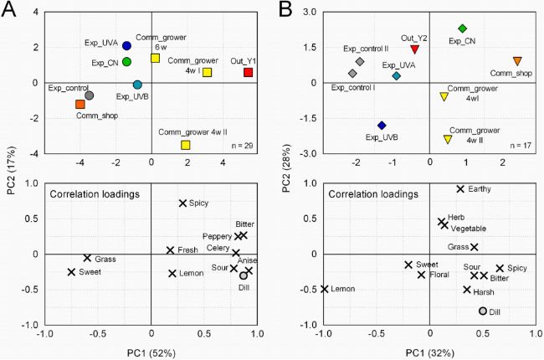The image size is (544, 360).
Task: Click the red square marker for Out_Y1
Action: point(248,72)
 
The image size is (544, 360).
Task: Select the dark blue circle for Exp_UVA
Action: point(126,46)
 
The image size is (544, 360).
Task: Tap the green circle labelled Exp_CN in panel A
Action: point(126,61)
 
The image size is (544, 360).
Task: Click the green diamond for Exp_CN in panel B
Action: point(462,28)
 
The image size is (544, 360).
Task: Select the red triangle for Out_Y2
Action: point(414,49)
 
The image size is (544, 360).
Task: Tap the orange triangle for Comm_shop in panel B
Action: point(517,61)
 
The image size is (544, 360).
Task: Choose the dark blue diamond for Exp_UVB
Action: point(382,125)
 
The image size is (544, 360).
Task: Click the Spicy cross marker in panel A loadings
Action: point(183,203)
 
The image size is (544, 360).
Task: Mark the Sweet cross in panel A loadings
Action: point(72,272)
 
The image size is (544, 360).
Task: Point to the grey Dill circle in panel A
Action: point(244,275)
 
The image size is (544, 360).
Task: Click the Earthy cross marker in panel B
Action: point(460,189)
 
